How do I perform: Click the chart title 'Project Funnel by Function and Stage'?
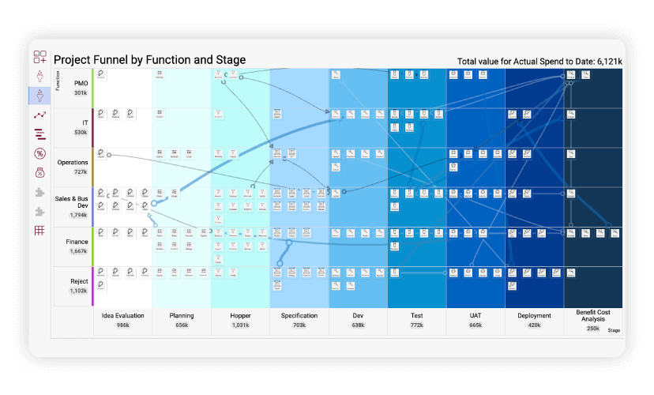click(x=149, y=60)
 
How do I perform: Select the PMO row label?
click(x=81, y=83)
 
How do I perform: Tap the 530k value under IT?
click(x=81, y=132)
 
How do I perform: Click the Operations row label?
click(x=73, y=162)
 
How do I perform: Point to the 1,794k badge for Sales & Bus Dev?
click(x=78, y=215)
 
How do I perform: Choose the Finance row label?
click(x=77, y=242)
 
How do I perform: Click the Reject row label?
click(x=79, y=281)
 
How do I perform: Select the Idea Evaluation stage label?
click(x=123, y=316)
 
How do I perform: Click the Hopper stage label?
click(x=240, y=316)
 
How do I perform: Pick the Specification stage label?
click(x=299, y=316)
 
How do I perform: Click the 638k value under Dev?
click(x=358, y=325)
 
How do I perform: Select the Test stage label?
click(x=416, y=316)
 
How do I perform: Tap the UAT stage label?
click(x=475, y=316)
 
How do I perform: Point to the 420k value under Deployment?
click(x=534, y=325)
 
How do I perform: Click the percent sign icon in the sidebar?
click(x=39, y=153)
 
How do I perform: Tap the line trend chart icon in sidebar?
click(x=39, y=115)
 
